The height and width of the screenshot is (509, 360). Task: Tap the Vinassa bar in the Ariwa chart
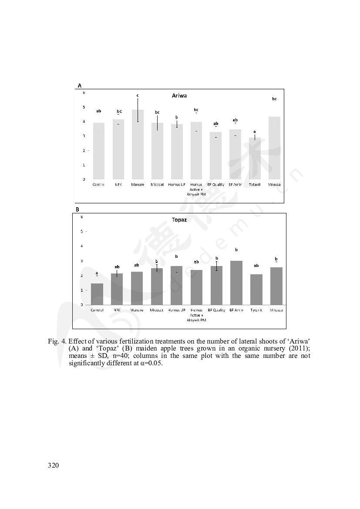274,148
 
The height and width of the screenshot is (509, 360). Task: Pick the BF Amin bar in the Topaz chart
236,283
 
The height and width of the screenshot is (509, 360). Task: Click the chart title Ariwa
179,95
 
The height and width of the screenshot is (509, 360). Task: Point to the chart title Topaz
179,220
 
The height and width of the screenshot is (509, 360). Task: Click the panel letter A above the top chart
79,86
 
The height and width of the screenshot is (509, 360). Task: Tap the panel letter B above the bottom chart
77,209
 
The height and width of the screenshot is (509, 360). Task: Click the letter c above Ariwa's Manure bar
138,95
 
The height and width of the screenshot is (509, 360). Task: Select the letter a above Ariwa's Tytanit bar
255,131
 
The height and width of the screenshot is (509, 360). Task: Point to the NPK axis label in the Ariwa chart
118,185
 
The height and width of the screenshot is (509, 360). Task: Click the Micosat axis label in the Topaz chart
157,310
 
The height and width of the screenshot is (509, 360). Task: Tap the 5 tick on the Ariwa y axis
84,107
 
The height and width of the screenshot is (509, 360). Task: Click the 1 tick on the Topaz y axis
82,290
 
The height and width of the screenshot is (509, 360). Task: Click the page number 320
53,465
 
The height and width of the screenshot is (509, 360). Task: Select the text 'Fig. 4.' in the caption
57,340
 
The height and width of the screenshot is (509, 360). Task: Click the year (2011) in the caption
299,348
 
